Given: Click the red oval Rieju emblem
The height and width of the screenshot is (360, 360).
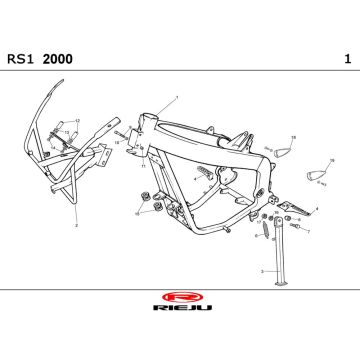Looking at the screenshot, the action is [180, 297].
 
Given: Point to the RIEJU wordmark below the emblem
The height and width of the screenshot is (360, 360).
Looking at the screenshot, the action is [180, 311].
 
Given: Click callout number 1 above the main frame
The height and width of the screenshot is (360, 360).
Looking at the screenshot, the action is [176, 97].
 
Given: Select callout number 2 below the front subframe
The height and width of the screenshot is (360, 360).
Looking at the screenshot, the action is [75, 226].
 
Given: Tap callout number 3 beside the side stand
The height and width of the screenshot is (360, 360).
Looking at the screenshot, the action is [262, 271].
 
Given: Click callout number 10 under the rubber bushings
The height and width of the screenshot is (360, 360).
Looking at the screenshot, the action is [138, 214].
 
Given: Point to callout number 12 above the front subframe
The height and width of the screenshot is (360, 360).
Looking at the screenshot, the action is [77, 120].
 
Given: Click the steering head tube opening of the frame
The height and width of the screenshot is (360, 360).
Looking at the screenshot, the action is [147, 121].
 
